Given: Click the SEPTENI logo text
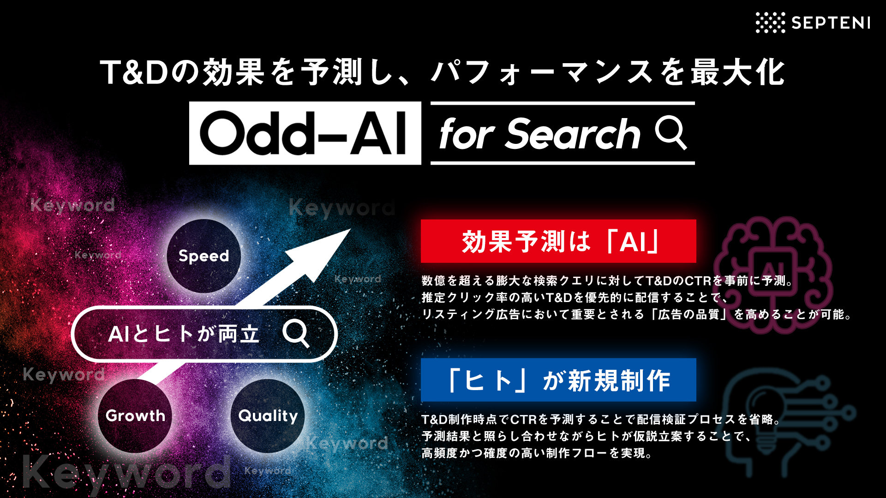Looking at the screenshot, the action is [831, 23].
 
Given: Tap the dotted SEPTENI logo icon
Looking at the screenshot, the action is [770, 23].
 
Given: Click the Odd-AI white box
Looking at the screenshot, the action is [305, 133].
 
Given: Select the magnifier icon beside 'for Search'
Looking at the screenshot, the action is [671, 133].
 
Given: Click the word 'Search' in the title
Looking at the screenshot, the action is [574, 134].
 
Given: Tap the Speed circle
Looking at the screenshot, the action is [204, 256].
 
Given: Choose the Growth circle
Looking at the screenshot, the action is [135, 415].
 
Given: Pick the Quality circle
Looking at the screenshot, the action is [268, 415].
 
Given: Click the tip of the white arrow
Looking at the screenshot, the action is [350, 229].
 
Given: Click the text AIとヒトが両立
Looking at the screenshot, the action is [184, 334].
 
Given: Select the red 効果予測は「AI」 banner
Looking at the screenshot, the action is [558, 241].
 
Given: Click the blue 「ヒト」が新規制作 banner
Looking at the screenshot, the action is [558, 380].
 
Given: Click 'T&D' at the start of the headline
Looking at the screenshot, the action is [134, 72].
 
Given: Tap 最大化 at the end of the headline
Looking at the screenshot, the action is [738, 72].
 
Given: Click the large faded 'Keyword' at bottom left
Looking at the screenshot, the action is [127, 473].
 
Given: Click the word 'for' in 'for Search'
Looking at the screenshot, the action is [467, 134].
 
